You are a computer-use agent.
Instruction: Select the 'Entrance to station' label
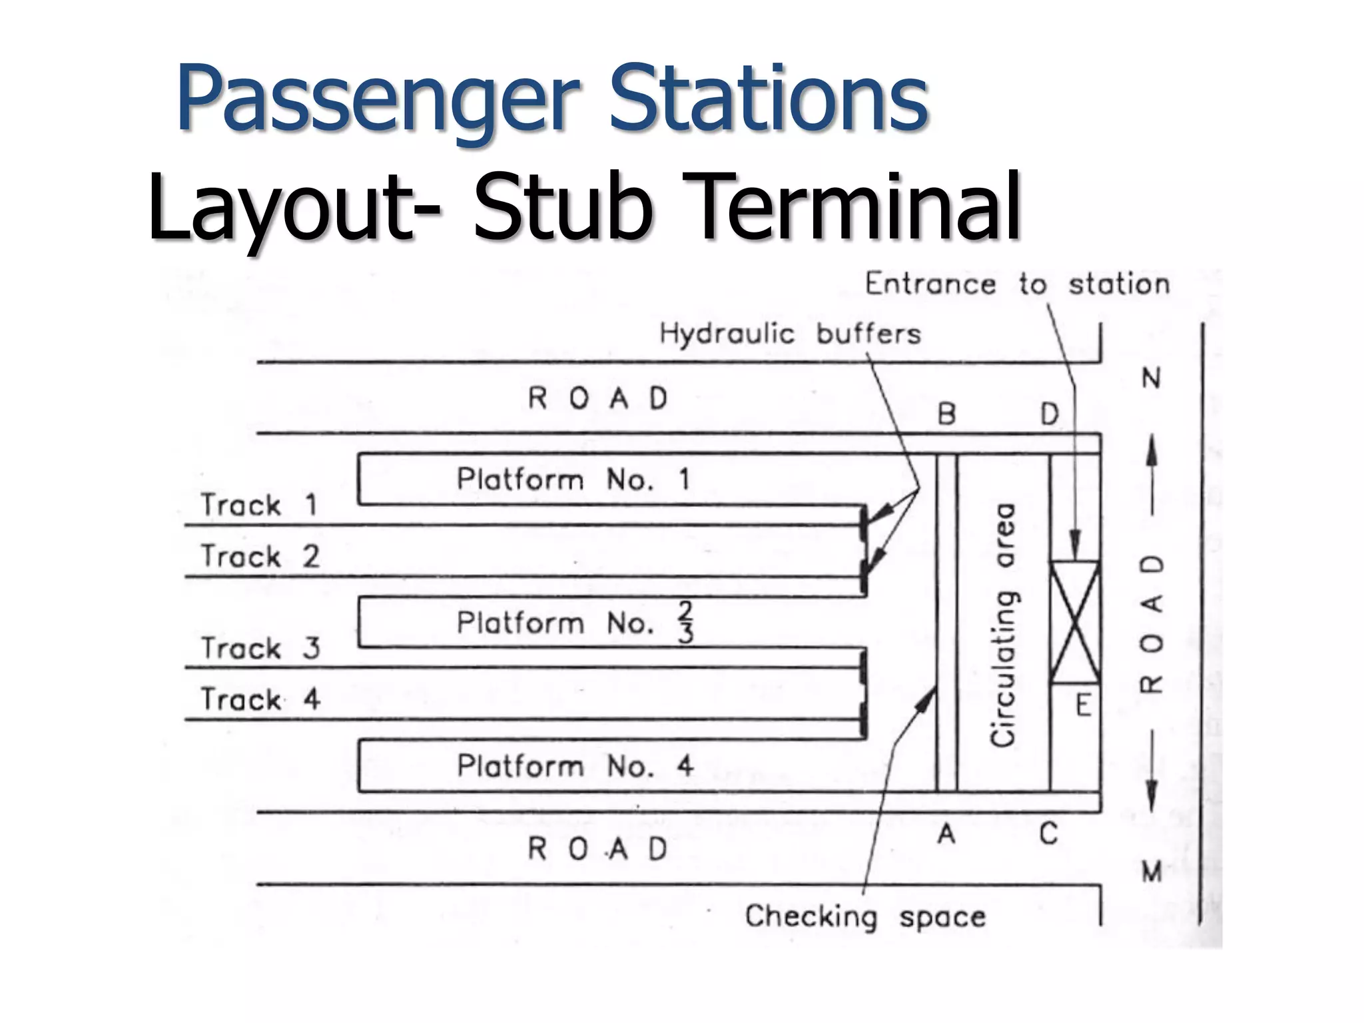click(x=1017, y=284)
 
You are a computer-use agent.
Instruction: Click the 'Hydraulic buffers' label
click(x=790, y=333)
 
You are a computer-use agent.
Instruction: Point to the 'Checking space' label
click(x=864, y=916)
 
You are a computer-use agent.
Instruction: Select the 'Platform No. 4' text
click(x=575, y=766)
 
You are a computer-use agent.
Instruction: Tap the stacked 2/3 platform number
click(x=685, y=623)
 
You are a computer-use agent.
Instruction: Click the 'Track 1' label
click(x=259, y=505)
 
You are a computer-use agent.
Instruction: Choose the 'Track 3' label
click(x=260, y=648)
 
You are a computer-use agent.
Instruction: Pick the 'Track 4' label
click(x=260, y=699)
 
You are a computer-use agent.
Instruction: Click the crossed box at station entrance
click(x=1074, y=622)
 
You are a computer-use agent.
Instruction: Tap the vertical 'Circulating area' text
click(x=1003, y=624)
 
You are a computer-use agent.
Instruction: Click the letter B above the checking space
click(x=946, y=414)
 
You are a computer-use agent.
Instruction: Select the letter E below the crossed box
click(x=1084, y=705)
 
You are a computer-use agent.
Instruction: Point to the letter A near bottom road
click(x=946, y=833)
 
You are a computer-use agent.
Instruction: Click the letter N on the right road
click(x=1152, y=378)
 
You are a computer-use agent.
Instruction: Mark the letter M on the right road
click(x=1152, y=871)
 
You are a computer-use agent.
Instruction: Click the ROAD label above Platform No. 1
click(x=597, y=398)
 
